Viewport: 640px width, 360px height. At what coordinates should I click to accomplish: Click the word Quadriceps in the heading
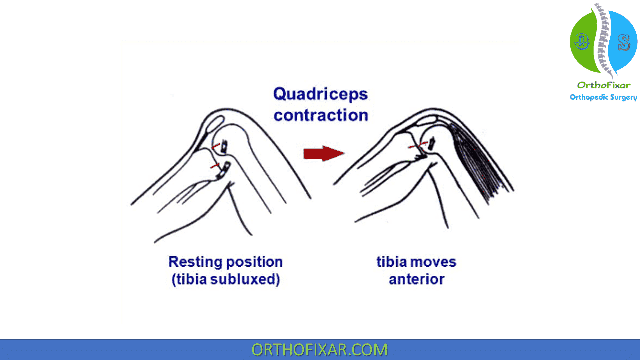click(x=320, y=94)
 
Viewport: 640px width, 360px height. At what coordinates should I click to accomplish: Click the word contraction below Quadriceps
click(x=321, y=115)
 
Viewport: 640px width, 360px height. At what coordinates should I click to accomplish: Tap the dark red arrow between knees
click(x=323, y=153)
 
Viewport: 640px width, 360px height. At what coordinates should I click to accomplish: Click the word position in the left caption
click(x=254, y=262)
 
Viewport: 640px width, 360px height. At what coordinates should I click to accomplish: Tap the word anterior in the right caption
click(x=416, y=279)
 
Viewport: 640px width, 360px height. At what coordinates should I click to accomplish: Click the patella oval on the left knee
click(x=216, y=122)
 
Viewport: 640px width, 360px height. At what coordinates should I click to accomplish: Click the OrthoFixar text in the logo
click(x=604, y=85)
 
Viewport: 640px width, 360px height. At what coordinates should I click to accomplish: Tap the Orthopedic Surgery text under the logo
click(x=603, y=97)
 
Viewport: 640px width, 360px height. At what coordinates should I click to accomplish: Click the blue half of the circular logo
click(x=624, y=42)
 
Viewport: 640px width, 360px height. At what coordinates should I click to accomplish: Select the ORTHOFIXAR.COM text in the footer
click(x=319, y=349)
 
